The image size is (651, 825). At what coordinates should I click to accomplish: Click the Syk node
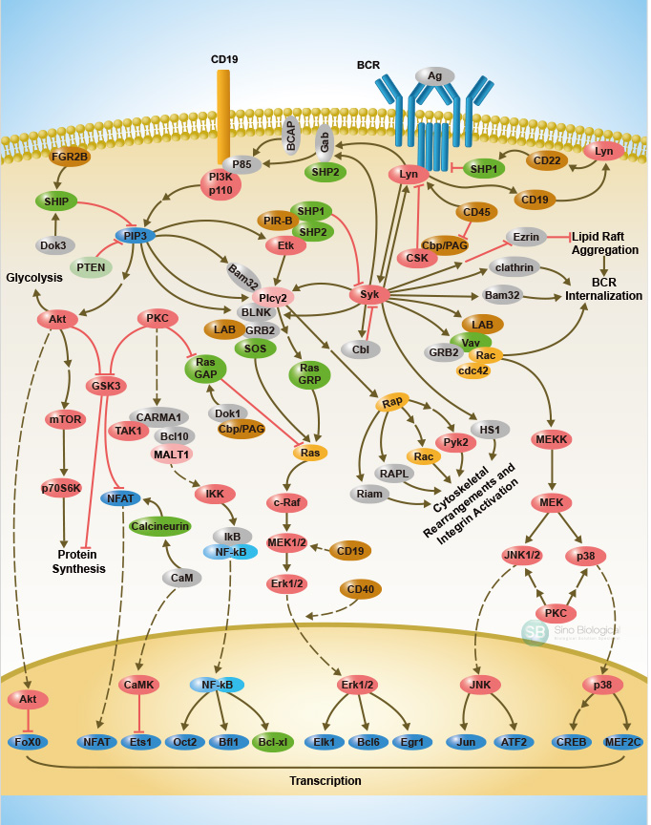coord(370,294)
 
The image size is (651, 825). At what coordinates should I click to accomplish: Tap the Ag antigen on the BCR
coord(434,75)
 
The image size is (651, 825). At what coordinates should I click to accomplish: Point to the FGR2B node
coord(71,157)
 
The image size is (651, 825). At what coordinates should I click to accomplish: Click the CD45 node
coord(476,212)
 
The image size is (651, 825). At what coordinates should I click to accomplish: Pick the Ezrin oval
coord(526,236)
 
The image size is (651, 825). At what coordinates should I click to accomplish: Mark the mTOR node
coord(66,418)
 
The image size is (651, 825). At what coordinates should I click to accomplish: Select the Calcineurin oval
coord(159,525)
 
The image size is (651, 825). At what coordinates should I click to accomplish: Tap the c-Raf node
coord(286,503)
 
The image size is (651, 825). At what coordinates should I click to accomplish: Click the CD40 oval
coord(361,588)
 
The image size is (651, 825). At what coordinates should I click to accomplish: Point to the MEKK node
coord(552,438)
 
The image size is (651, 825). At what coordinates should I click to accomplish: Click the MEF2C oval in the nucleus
coord(622,741)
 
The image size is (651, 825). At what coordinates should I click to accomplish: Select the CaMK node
coord(139,685)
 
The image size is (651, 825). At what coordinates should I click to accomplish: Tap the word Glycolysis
coord(34,277)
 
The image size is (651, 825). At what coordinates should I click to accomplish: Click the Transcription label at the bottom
coord(325,780)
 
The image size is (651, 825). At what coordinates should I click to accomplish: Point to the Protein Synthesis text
coord(79,561)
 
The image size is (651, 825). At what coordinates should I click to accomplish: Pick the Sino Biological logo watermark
coord(571,632)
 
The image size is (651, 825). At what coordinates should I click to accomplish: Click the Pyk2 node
coord(455,441)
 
